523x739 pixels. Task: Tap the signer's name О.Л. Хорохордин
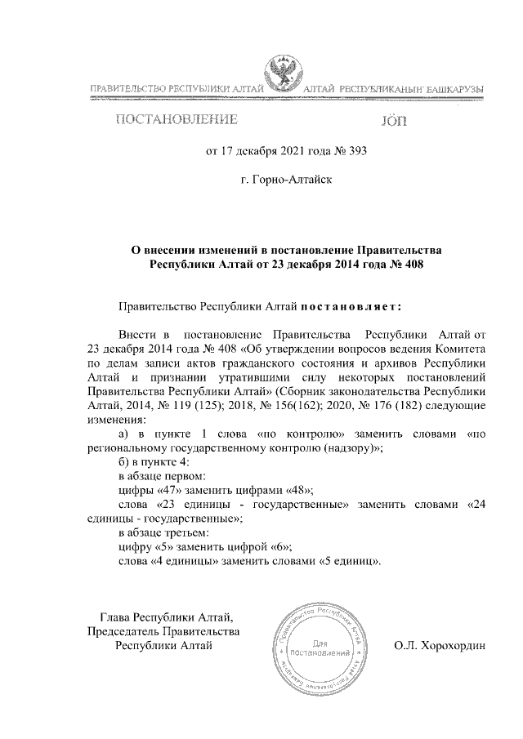[440, 645]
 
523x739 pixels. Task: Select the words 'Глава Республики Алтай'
[167, 617]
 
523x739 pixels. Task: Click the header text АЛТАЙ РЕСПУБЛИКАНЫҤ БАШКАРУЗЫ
[393, 87]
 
